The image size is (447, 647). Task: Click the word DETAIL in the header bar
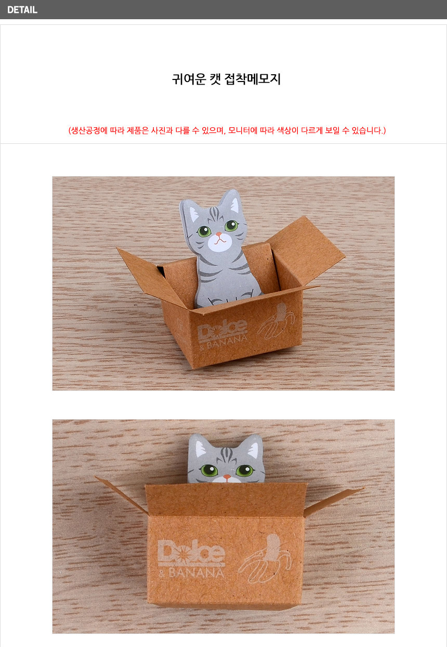click(22, 10)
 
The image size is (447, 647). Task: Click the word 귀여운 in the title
click(189, 79)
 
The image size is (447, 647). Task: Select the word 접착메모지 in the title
click(253, 79)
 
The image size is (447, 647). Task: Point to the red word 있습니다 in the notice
click(367, 130)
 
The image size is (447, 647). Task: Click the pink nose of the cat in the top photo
click(219, 234)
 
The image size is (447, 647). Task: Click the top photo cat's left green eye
click(204, 231)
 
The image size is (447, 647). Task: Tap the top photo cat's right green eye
click(232, 225)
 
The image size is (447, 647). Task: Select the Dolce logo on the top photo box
click(222, 330)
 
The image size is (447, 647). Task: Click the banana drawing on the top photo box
click(276, 321)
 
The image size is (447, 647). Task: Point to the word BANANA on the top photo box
click(227, 343)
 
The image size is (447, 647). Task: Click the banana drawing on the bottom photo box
click(265, 559)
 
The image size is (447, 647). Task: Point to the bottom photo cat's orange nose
click(227, 477)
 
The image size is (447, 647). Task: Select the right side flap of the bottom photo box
click(333, 502)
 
